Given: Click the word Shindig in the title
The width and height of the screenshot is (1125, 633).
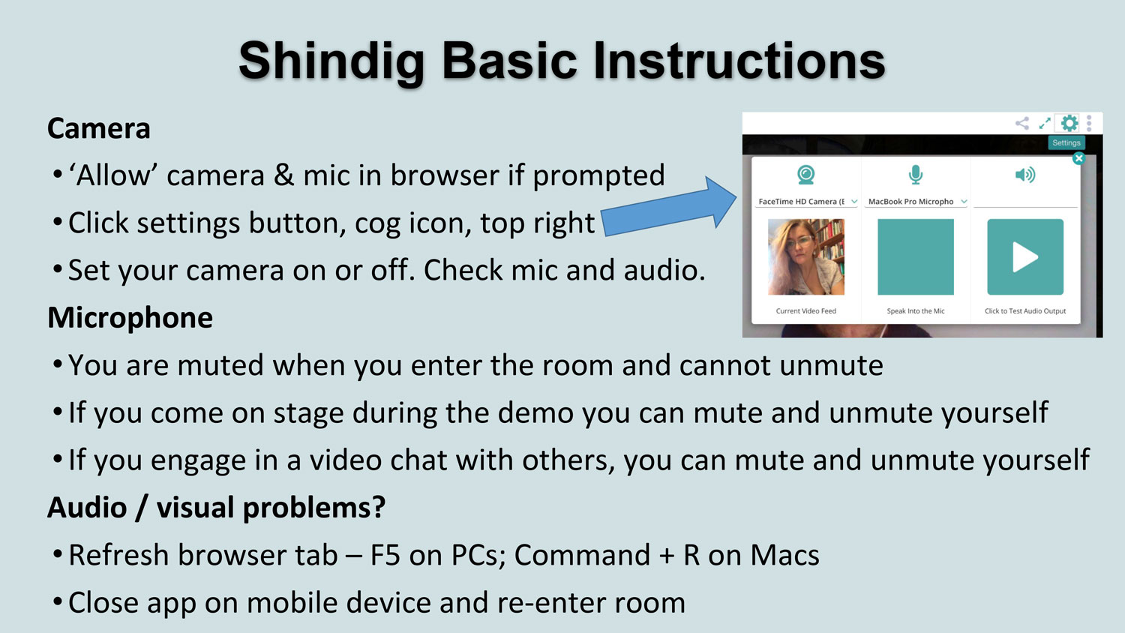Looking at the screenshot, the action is (331, 61).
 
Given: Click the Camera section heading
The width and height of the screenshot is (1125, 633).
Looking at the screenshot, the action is (98, 128).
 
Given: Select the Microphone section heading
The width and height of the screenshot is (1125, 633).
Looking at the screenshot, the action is (130, 318).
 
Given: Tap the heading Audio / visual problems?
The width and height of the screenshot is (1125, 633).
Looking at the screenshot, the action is (217, 508).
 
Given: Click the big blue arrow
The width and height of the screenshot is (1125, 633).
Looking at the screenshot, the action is (668, 207).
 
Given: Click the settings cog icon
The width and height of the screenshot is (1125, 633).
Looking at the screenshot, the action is (1069, 123).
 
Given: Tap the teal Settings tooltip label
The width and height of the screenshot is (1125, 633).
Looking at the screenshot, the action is (1066, 142).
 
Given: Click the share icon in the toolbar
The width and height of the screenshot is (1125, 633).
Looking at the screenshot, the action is (1022, 123).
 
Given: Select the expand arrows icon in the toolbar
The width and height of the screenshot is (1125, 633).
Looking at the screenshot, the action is (1045, 123).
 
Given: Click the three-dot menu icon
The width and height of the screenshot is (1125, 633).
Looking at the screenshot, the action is (1089, 123).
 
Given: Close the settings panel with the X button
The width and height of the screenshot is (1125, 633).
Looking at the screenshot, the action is (1078, 158).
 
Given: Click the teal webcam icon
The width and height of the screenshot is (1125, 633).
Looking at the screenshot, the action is (806, 175).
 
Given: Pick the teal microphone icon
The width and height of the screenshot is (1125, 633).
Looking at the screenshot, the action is (916, 175).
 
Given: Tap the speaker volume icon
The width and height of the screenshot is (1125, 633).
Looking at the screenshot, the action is (1025, 175).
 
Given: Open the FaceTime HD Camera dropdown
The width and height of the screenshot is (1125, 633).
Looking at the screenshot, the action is (806, 202).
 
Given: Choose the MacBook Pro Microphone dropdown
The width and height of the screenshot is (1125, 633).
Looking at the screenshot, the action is (916, 202).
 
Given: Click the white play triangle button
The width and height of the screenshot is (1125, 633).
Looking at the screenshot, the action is (1025, 256).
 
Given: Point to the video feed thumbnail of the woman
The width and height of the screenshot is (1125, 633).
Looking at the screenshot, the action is (806, 256).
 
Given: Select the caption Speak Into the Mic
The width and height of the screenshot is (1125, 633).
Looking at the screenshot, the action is (916, 311).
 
